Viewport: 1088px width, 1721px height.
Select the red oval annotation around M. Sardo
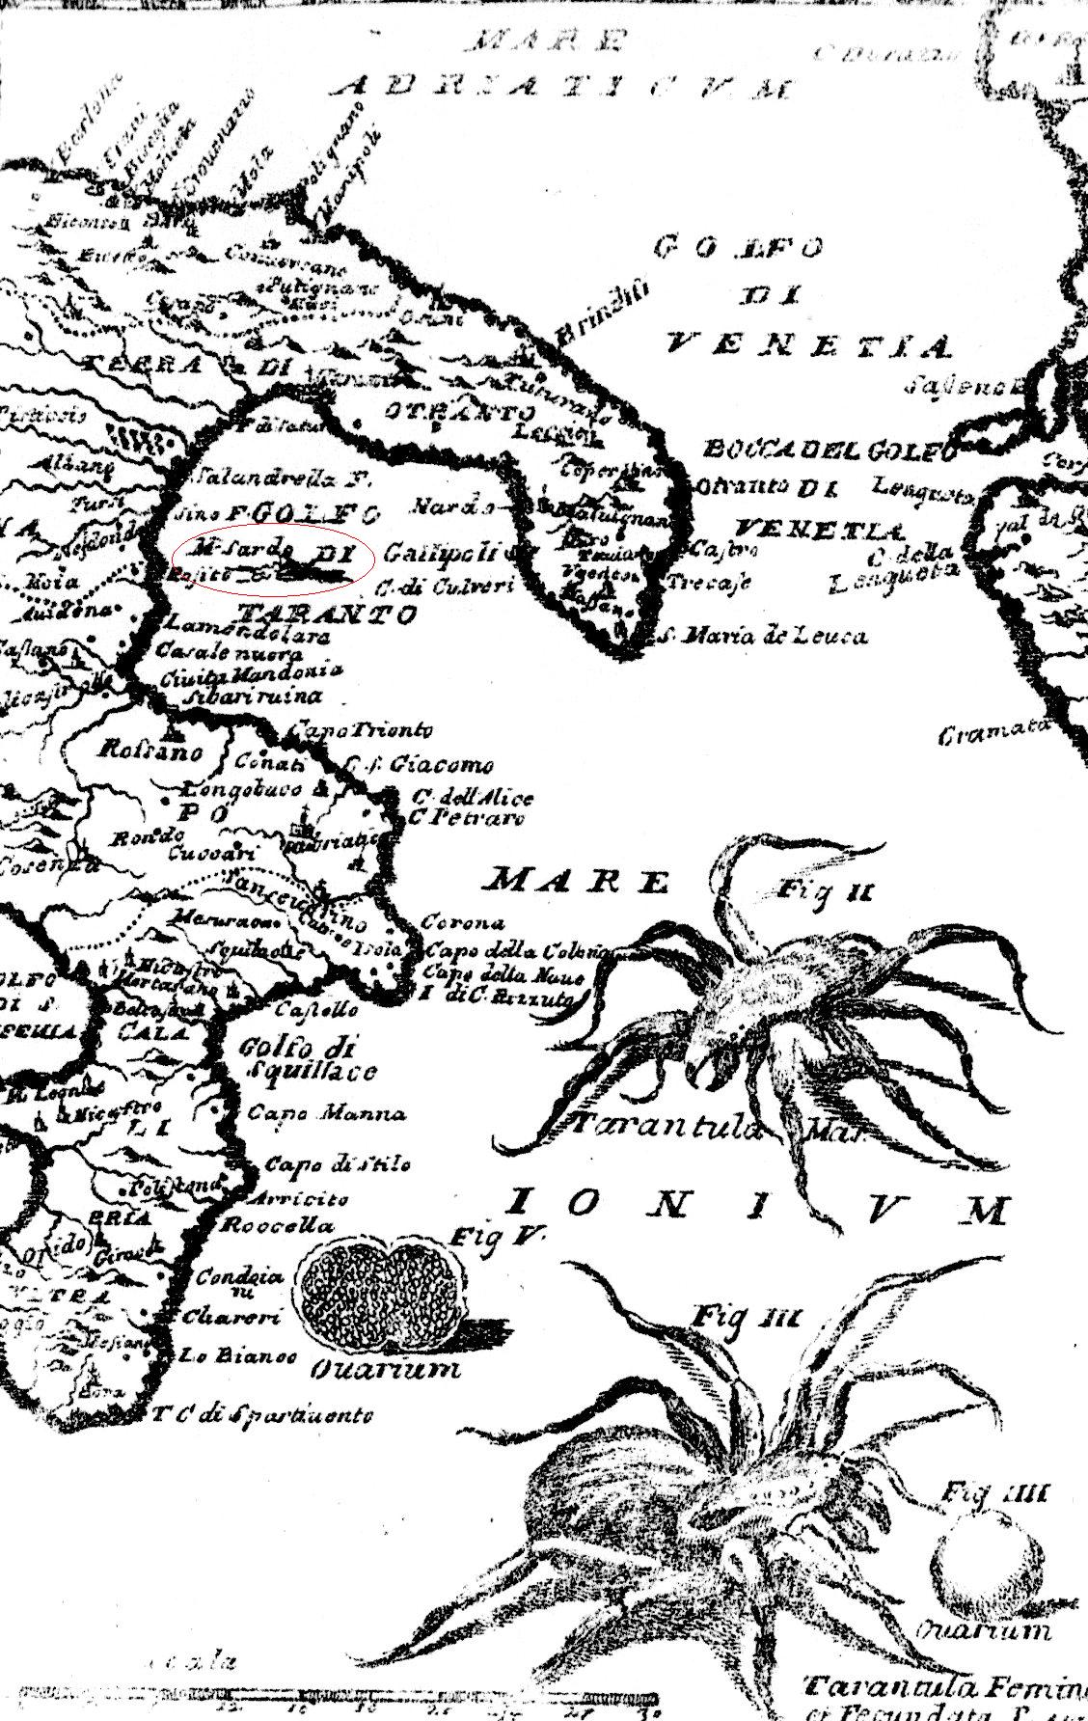pyautogui.click(x=273, y=560)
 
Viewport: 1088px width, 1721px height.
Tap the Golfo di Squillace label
pyautogui.click(x=307, y=1058)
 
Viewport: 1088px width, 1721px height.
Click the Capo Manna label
pyautogui.click(x=326, y=1112)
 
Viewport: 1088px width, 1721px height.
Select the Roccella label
pyautogui.click(x=278, y=1226)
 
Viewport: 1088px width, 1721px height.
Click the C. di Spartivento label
pyautogui.click(x=262, y=1415)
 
